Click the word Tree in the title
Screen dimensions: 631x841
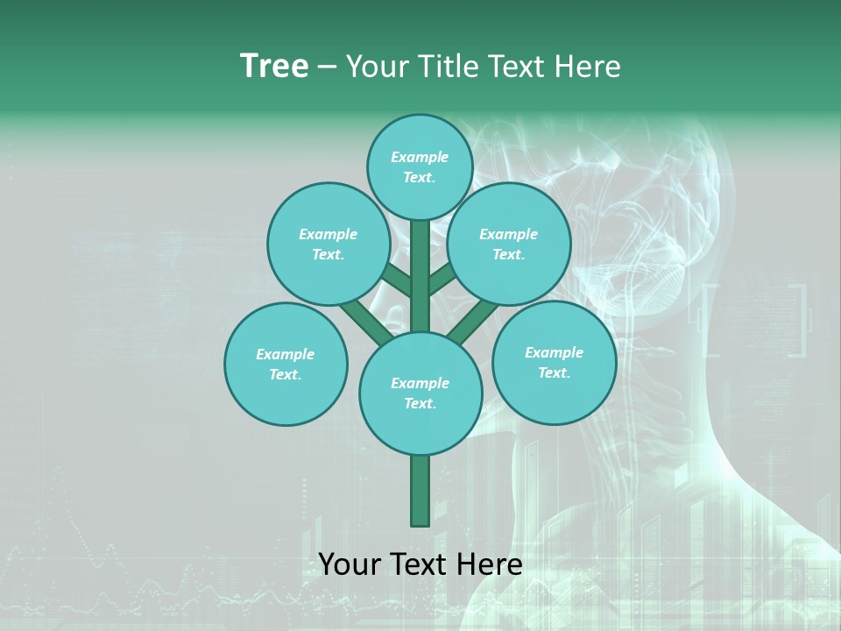274,67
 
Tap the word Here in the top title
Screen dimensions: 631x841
588,67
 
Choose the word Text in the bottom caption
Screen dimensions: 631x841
417,564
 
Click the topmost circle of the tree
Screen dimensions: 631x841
420,167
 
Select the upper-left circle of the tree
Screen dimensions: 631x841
328,244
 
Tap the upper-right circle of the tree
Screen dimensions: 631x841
508,244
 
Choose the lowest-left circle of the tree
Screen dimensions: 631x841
286,364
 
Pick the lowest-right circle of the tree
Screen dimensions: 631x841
554,362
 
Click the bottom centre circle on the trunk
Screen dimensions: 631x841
420,393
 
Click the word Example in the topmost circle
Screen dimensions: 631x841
420,157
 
